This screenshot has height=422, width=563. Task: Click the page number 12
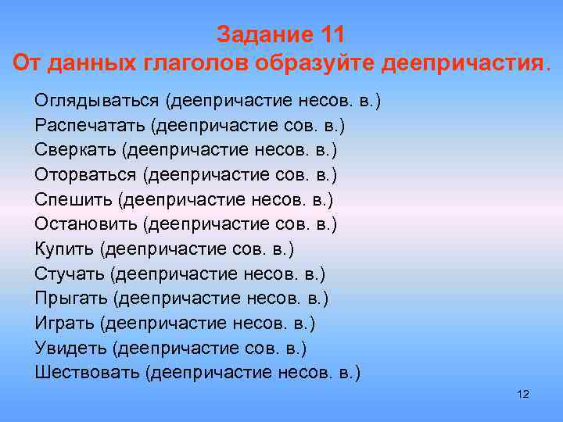pos(523,395)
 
